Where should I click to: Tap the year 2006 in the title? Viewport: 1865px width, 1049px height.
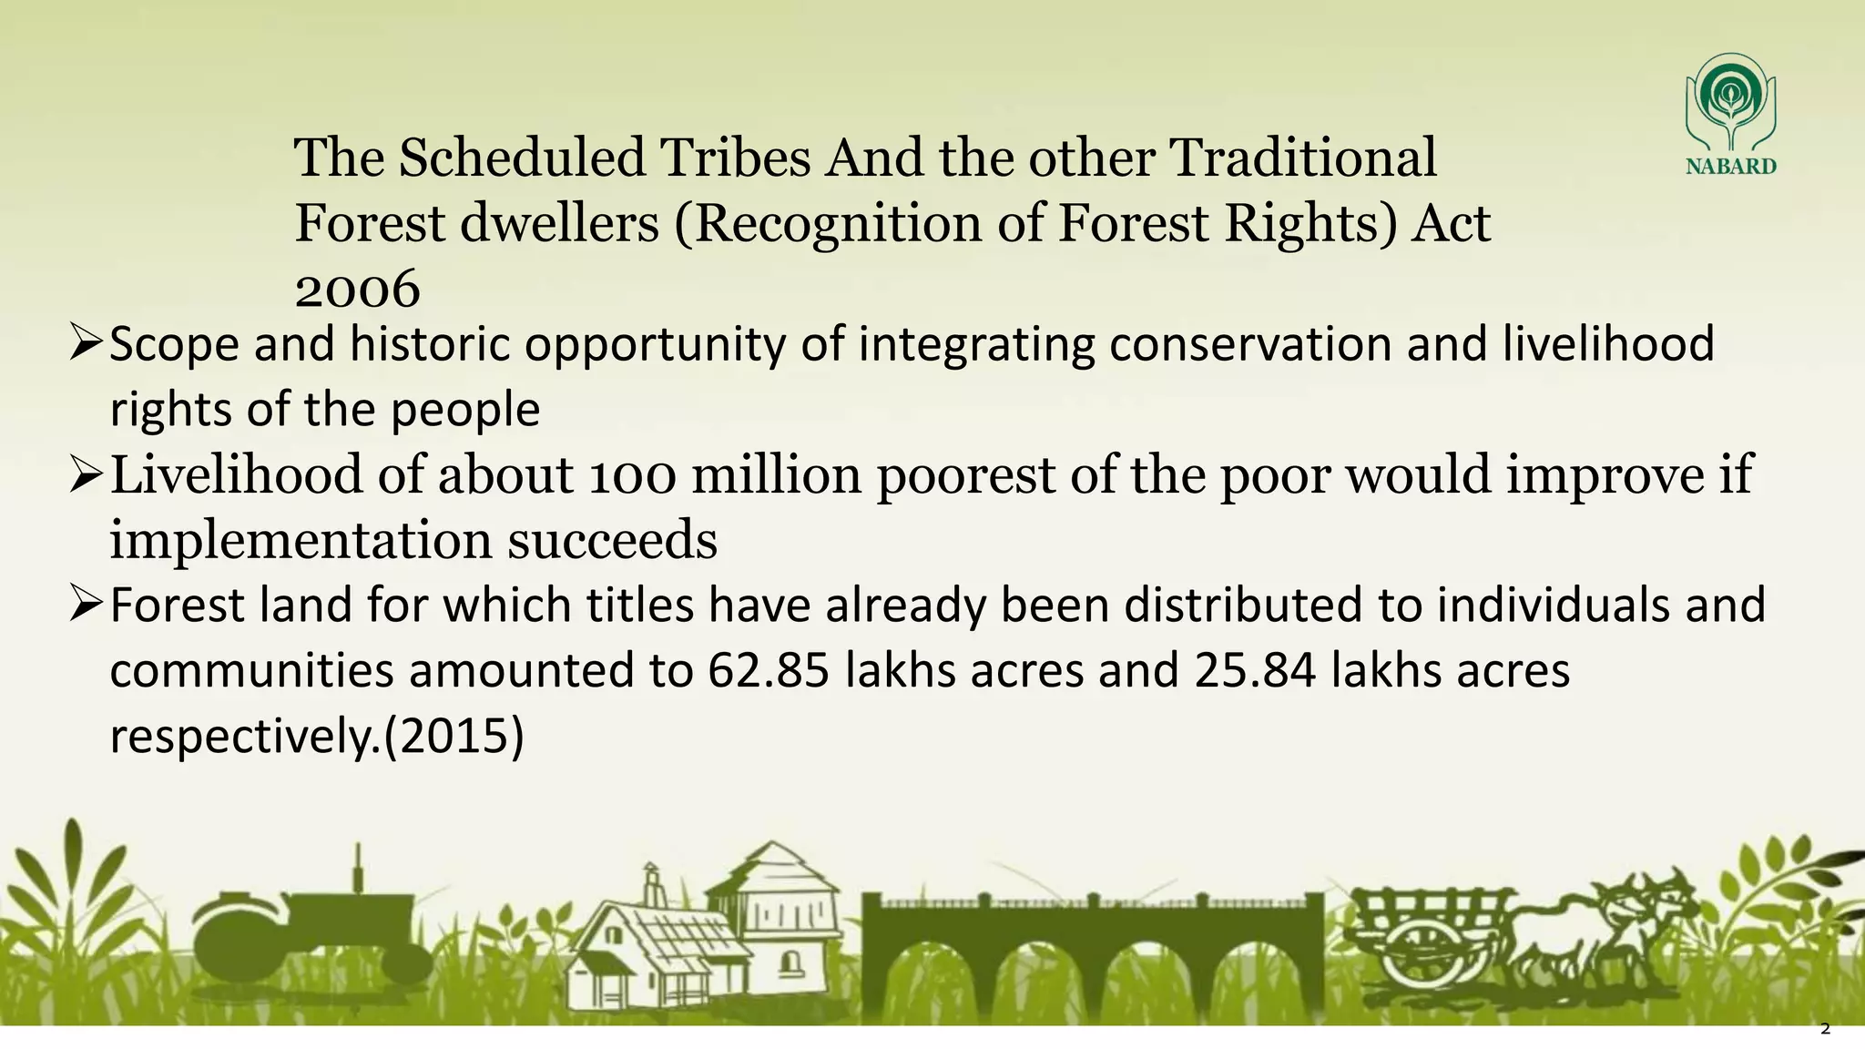coord(357,289)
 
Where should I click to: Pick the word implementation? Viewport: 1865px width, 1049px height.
coord(301,541)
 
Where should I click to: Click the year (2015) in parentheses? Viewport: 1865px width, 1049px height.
coord(454,736)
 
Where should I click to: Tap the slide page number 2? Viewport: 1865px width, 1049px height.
coord(1825,1030)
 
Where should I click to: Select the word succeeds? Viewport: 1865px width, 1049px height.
coord(612,541)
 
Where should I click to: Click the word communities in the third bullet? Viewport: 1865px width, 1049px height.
coord(251,671)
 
